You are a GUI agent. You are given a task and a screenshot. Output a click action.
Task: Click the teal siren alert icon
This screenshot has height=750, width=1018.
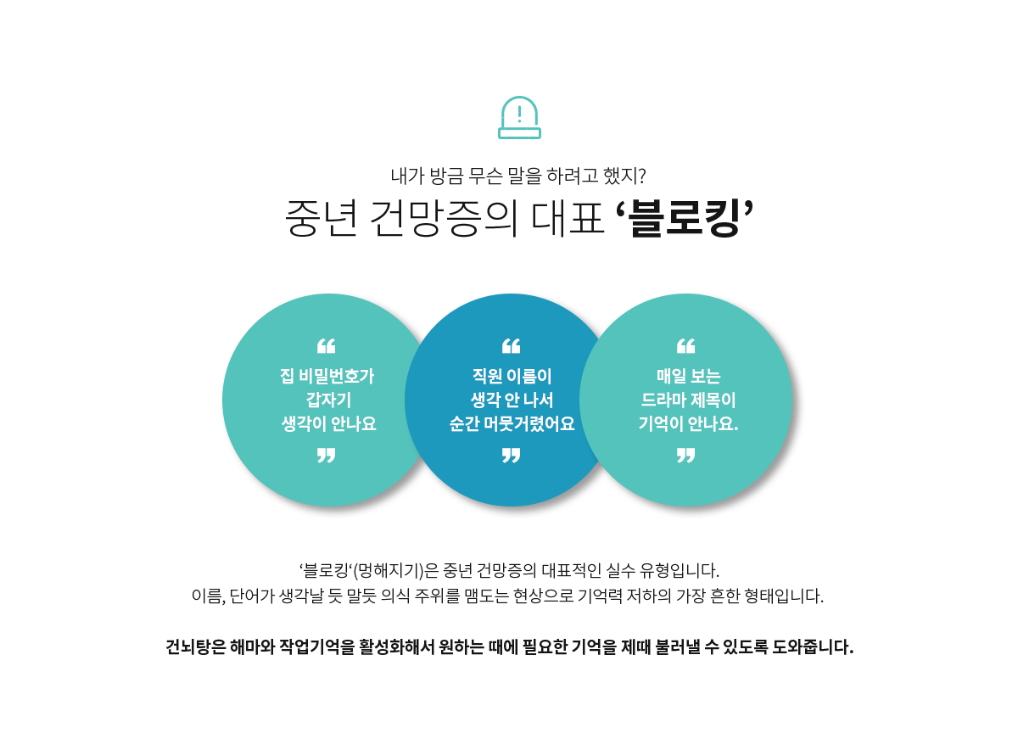click(519, 118)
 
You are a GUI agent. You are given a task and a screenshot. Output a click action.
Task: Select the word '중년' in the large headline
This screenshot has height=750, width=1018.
click(321, 218)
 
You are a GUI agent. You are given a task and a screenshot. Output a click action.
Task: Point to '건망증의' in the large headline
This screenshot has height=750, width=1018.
click(444, 218)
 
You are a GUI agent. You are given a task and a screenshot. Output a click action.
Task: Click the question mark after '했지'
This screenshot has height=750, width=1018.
click(641, 176)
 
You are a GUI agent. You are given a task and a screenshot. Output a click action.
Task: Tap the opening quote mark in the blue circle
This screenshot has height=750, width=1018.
click(511, 346)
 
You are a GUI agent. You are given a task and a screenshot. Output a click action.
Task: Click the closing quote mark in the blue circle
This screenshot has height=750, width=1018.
click(511, 455)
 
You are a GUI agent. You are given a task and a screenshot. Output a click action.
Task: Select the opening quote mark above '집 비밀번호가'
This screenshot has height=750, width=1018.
click(327, 346)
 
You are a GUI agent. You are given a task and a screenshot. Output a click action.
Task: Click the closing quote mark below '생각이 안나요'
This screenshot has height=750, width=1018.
click(327, 455)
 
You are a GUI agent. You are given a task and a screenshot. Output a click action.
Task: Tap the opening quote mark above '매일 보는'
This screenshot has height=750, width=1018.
click(685, 346)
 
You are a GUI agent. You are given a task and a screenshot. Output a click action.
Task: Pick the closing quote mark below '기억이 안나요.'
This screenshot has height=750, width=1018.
click(685, 455)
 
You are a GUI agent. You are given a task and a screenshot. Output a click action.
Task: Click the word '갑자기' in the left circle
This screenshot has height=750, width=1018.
click(328, 400)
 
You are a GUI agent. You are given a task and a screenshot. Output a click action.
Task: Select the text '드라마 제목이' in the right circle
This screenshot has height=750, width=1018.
click(688, 400)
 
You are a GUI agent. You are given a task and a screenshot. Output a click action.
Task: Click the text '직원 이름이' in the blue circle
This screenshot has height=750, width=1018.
click(512, 376)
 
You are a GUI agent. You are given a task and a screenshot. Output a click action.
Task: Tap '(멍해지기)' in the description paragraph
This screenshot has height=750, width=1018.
click(389, 570)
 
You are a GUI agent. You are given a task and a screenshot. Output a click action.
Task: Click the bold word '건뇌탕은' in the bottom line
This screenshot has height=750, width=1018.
click(195, 646)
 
